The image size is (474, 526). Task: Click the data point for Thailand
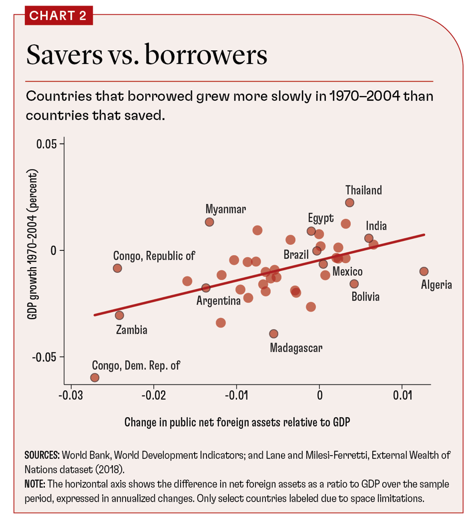click(350, 202)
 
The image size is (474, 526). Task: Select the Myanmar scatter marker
click(210, 222)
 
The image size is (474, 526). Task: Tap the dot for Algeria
click(424, 271)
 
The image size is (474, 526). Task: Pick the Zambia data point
click(119, 315)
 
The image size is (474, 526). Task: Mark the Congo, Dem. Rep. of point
click(95, 377)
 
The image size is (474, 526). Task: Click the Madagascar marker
click(273, 334)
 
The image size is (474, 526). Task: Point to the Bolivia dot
click(354, 284)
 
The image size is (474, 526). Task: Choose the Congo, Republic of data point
click(117, 268)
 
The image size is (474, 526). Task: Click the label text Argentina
click(219, 301)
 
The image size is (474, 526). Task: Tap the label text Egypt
click(320, 218)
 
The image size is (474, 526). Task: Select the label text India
click(376, 226)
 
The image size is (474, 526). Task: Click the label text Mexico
click(347, 272)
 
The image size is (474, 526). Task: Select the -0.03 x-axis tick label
click(71, 396)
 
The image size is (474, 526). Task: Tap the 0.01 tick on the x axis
click(402, 396)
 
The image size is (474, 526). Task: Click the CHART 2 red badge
click(58, 15)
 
